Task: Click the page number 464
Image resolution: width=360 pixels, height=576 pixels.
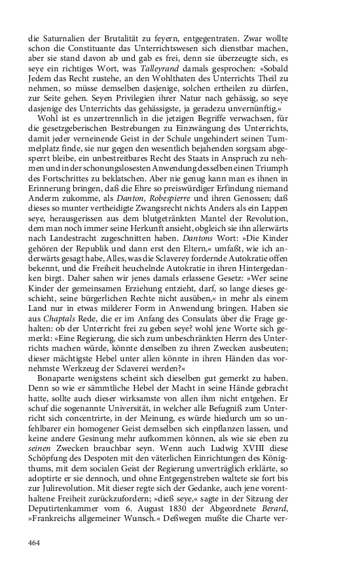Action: click(x=37, y=542)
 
